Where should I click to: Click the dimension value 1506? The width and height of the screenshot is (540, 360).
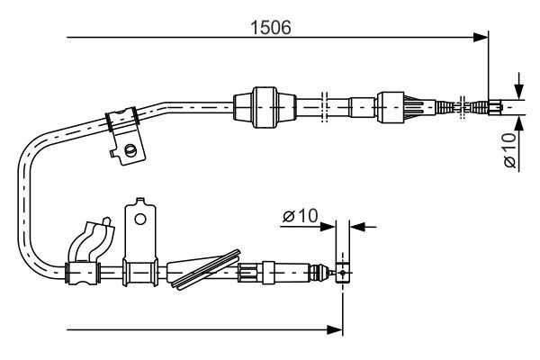click(x=270, y=26)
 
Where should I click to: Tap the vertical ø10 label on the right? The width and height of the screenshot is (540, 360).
click(x=508, y=149)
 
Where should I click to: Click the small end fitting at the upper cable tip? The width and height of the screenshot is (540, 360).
click(x=493, y=107)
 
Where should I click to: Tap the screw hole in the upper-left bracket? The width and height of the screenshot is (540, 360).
click(x=131, y=149)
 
